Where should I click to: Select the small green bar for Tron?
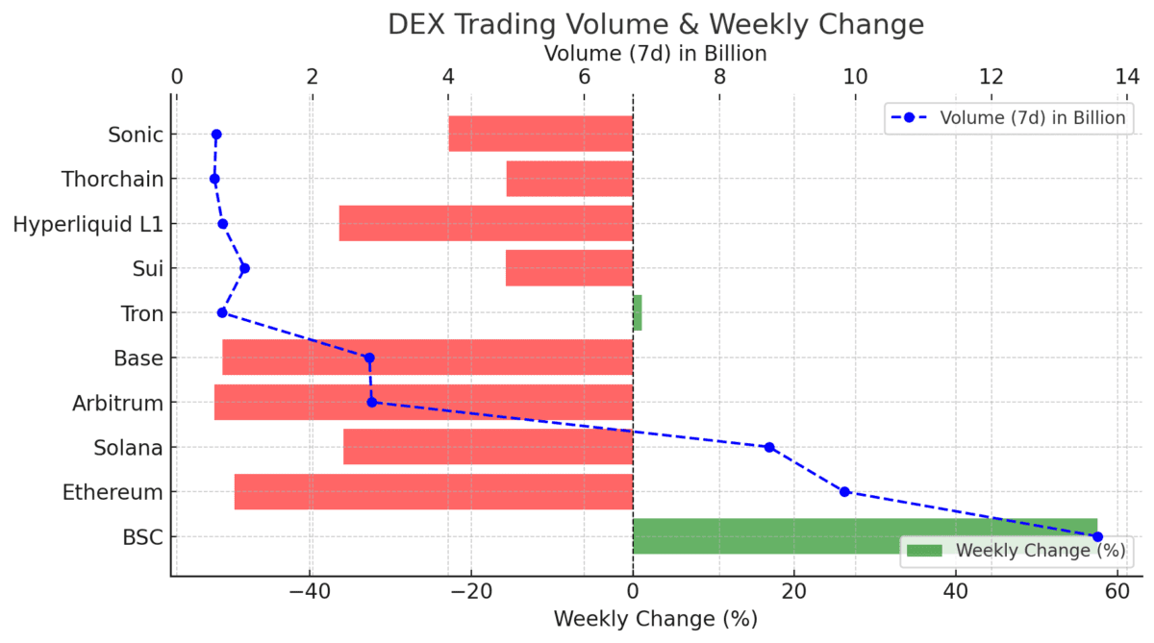click(x=637, y=313)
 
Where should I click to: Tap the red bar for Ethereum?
click(x=433, y=492)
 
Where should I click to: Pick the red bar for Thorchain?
click(x=569, y=179)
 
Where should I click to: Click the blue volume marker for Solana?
click(x=769, y=447)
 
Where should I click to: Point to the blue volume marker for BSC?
click(x=1097, y=536)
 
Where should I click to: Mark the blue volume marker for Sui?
click(x=244, y=268)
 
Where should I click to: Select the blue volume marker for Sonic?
click(x=216, y=135)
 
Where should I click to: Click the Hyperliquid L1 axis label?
click(x=88, y=224)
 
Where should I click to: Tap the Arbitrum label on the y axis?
click(x=117, y=403)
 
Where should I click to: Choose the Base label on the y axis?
click(x=138, y=359)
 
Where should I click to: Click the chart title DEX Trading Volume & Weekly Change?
click(x=656, y=24)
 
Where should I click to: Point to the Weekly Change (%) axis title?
click(x=656, y=618)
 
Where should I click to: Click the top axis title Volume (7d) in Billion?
click(x=656, y=53)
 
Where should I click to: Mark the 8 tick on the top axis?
click(x=719, y=78)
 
